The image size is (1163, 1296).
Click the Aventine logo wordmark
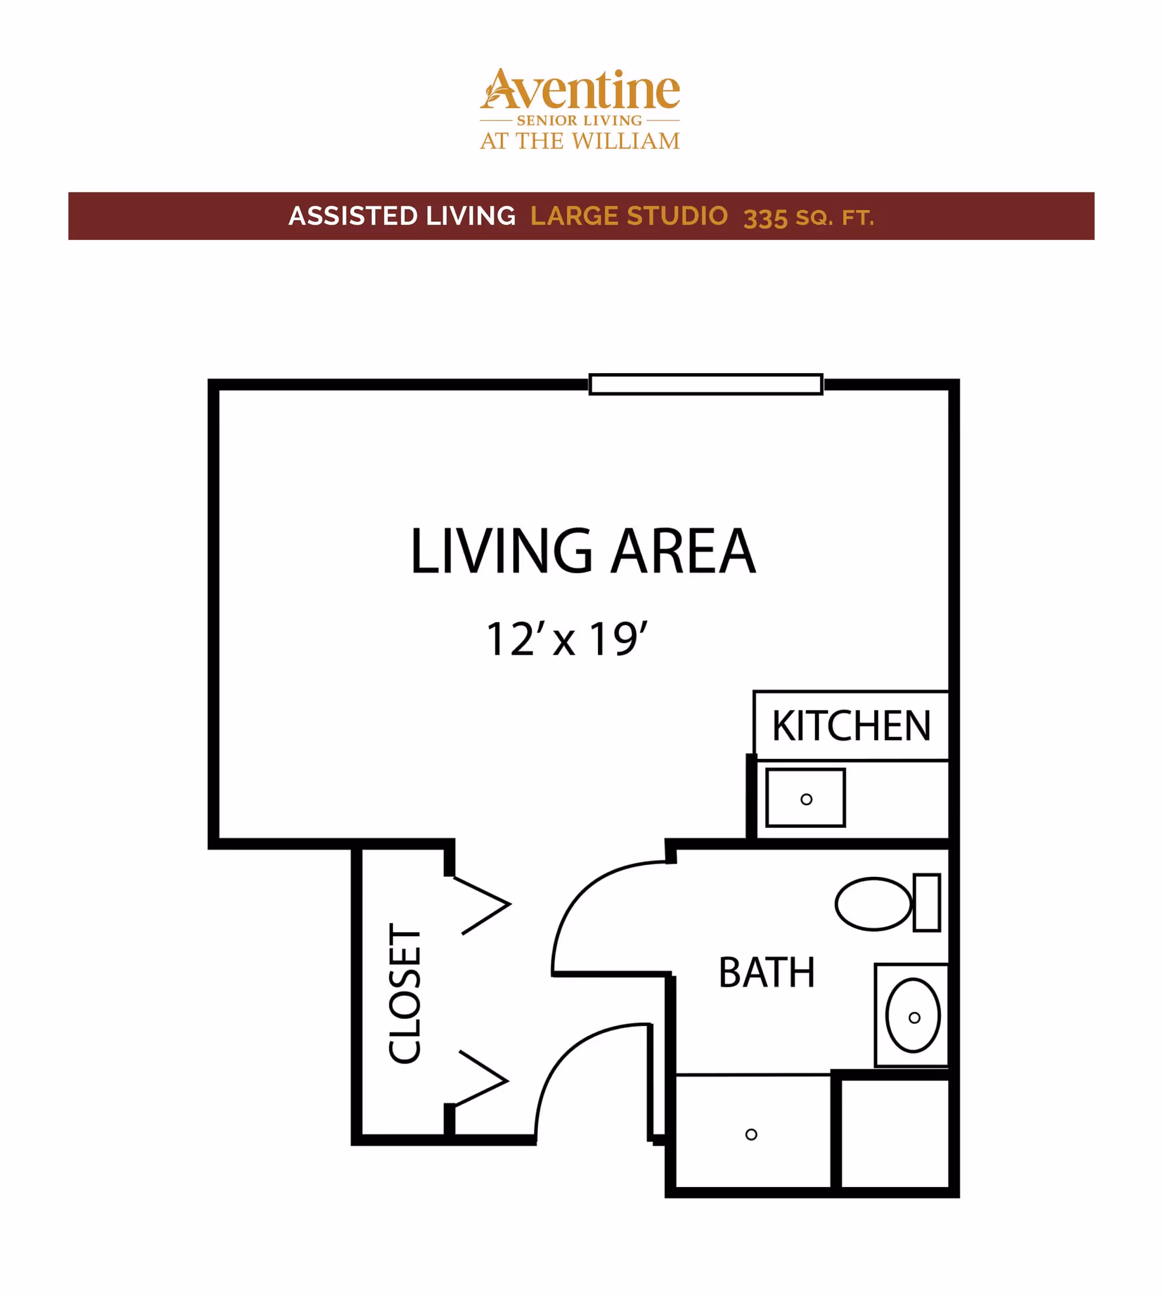580,89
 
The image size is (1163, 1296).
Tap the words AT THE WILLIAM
580,141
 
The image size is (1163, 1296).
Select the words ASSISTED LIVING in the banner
402,216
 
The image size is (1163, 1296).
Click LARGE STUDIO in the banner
629,216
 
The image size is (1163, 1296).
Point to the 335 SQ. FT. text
809,218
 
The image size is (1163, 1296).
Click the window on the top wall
706,385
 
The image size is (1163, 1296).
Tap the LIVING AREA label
583,551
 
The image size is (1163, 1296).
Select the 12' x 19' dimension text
567,639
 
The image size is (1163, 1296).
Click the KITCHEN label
851,726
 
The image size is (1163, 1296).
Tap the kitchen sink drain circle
806,799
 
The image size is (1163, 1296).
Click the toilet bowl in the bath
873,904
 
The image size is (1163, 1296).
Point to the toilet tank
927,902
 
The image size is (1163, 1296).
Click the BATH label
767,973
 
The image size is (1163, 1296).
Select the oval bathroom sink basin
913,1016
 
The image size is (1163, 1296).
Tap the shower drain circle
752,1134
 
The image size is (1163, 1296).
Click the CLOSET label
405,994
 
